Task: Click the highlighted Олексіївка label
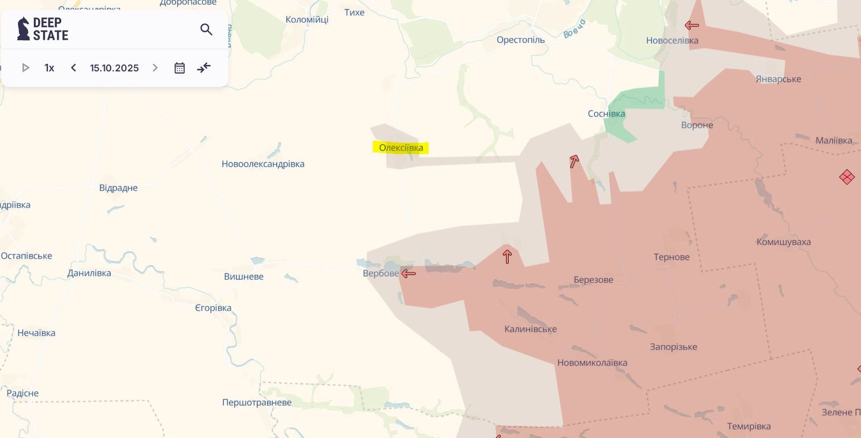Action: pyautogui.click(x=401, y=148)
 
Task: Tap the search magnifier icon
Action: pyautogui.click(x=206, y=30)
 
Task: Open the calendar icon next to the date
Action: pyautogui.click(x=179, y=68)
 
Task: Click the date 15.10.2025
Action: pyautogui.click(x=114, y=68)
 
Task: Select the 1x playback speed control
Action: pyautogui.click(x=49, y=68)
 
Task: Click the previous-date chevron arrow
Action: pyautogui.click(x=74, y=68)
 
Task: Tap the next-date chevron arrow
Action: pyautogui.click(x=155, y=68)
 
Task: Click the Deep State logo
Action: pyautogui.click(x=43, y=29)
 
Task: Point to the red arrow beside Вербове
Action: pyautogui.click(x=409, y=274)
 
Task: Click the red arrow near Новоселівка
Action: pyautogui.click(x=692, y=25)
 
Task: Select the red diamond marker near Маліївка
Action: pyautogui.click(x=846, y=177)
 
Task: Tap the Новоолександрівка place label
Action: pyautogui.click(x=263, y=164)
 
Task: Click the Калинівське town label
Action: pyautogui.click(x=530, y=329)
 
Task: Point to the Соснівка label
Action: pyautogui.click(x=606, y=114)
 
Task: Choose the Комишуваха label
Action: pyautogui.click(x=783, y=242)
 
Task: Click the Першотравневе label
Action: pyautogui.click(x=257, y=403)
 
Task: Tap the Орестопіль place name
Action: pyautogui.click(x=520, y=40)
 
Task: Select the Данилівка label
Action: pyautogui.click(x=89, y=273)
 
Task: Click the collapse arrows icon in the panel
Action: pyautogui.click(x=204, y=68)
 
